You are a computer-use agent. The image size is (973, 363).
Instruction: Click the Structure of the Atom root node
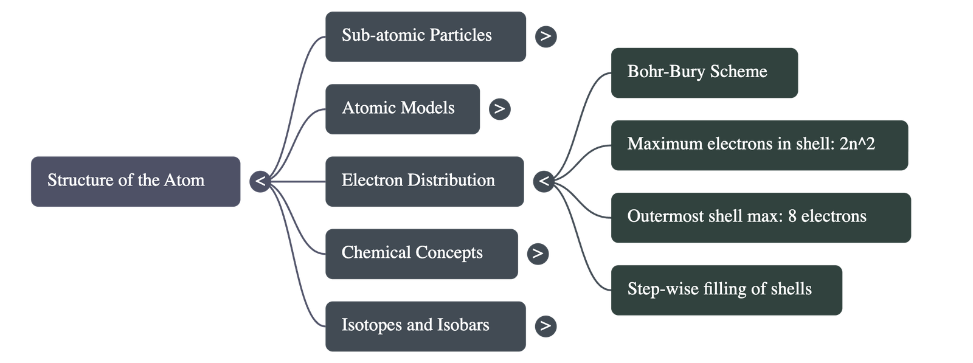tap(136, 181)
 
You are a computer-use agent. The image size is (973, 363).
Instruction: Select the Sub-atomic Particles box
tap(426, 36)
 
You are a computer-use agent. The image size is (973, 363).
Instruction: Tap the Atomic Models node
tap(403, 109)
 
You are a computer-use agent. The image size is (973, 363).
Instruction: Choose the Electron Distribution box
tap(424, 181)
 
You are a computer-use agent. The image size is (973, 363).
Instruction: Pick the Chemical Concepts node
tap(421, 254)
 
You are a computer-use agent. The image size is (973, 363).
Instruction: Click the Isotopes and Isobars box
tap(425, 326)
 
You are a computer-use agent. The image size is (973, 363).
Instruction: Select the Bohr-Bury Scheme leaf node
tap(704, 72)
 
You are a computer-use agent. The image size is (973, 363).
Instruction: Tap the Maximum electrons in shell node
tap(759, 145)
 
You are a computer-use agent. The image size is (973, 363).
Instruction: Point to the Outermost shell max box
tap(761, 217)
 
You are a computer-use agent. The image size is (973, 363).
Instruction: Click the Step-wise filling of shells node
tap(726, 289)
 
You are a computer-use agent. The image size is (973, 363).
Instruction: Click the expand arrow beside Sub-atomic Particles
tap(545, 36)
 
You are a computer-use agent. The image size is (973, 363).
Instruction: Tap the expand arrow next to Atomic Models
tap(499, 109)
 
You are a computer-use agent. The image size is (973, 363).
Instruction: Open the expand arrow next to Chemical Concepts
tap(537, 254)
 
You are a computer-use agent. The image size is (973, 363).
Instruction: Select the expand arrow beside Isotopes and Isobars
tap(545, 326)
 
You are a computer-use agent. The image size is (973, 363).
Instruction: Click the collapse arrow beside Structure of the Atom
tap(260, 181)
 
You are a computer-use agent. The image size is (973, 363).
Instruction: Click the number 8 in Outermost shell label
tap(792, 216)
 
